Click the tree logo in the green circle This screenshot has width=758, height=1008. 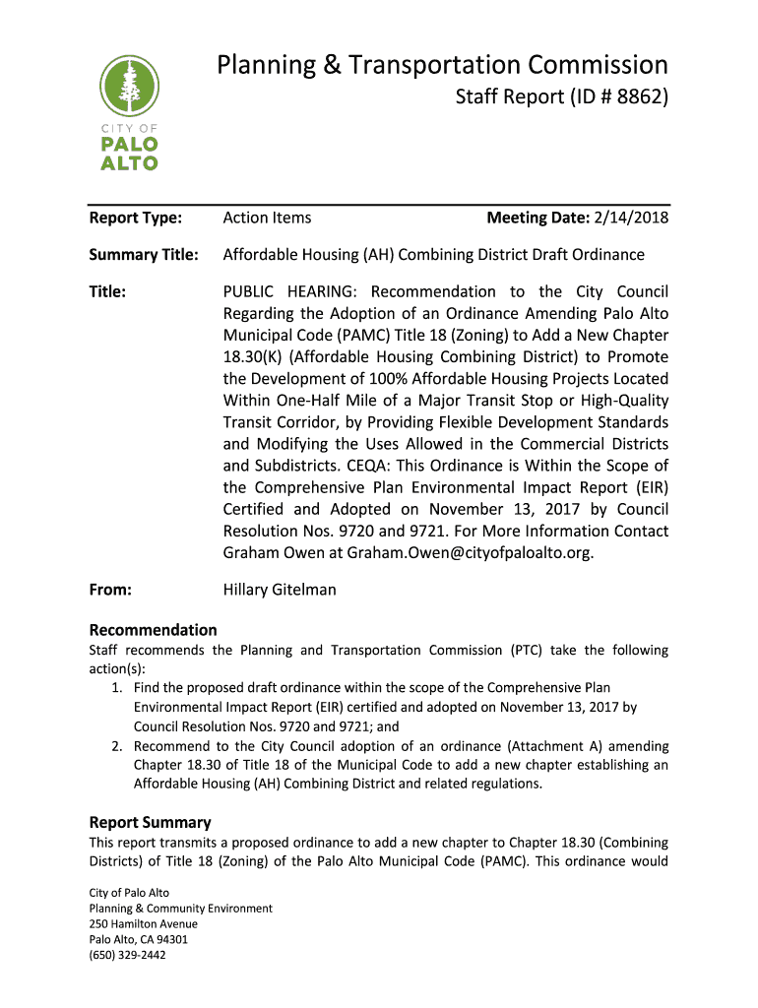click(128, 87)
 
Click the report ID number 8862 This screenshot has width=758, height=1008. click(615, 98)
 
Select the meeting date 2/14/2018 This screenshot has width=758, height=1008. click(631, 218)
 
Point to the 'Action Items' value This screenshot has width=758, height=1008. click(267, 218)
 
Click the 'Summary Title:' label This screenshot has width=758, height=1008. click(144, 255)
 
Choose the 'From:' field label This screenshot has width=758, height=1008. click(110, 590)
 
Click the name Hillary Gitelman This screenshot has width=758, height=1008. click(280, 590)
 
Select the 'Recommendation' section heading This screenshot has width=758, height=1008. click(153, 630)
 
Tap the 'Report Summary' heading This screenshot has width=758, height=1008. click(150, 822)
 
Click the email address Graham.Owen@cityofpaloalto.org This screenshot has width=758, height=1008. click(470, 553)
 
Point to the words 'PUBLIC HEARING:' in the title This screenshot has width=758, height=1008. click(290, 291)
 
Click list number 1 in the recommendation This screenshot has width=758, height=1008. click(117, 688)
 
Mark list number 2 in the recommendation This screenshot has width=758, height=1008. click(117, 746)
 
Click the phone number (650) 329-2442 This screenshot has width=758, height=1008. click(127, 954)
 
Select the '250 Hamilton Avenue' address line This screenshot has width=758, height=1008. click(143, 924)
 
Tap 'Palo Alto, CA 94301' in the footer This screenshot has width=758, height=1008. click(138, 939)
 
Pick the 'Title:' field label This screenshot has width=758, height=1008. click(107, 291)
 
